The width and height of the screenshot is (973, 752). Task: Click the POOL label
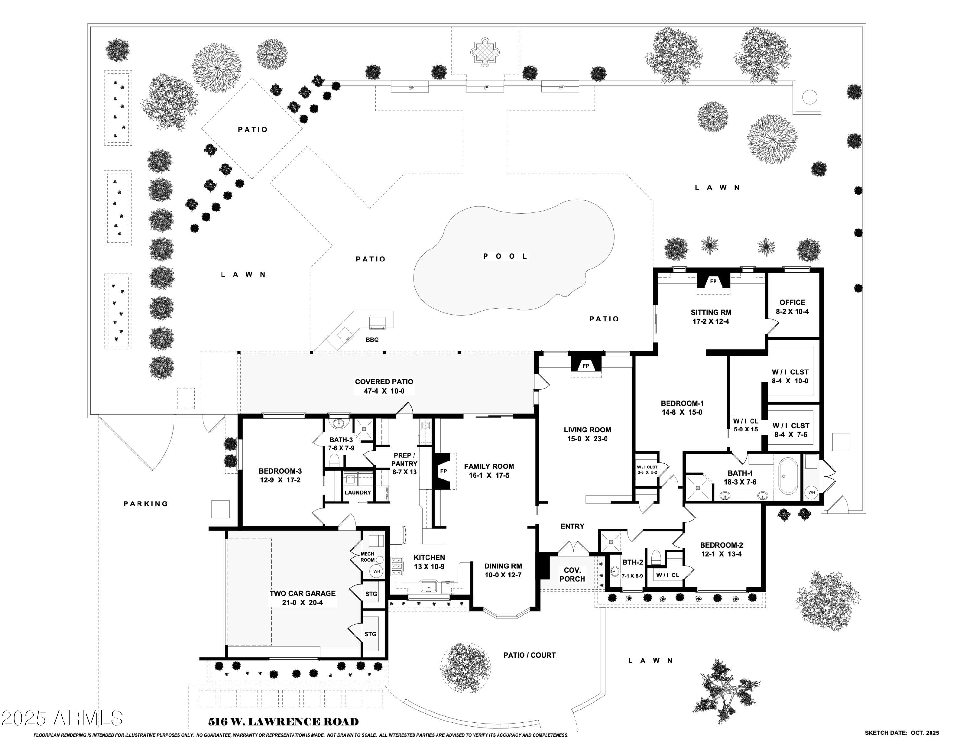click(505, 256)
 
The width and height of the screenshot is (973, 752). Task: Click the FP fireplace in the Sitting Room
click(713, 282)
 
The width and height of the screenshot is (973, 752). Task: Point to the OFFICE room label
click(792, 302)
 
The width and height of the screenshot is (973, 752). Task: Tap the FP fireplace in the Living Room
click(586, 366)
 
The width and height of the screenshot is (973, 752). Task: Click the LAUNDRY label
click(358, 493)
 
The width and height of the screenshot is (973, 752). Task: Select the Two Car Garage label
click(303, 593)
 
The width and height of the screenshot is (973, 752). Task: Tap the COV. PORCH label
click(572, 574)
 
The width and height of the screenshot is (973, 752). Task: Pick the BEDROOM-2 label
click(721, 545)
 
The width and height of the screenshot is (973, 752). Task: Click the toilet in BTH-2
click(655, 557)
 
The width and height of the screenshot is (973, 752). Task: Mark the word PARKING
click(146, 504)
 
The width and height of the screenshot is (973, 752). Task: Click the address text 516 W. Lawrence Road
click(283, 722)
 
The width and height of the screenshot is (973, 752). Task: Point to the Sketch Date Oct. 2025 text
click(902, 733)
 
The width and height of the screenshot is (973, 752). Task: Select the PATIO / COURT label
click(529, 655)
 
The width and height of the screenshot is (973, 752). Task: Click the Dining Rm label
click(503, 566)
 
